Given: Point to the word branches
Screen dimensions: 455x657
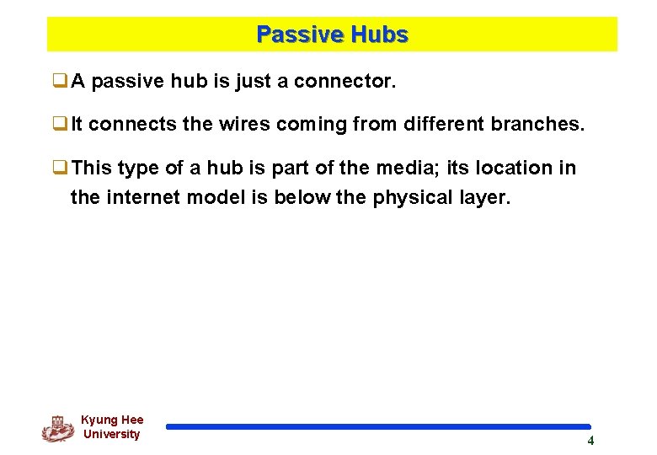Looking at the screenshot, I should (x=537, y=125).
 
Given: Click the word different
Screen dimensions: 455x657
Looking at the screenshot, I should (x=442, y=125).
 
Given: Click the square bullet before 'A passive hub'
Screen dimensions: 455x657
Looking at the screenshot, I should (x=60, y=82).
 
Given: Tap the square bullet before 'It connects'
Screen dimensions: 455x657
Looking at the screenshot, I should (x=60, y=125).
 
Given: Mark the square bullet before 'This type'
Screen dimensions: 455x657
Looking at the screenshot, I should (x=60, y=168).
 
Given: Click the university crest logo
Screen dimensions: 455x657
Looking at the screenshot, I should (x=57, y=428).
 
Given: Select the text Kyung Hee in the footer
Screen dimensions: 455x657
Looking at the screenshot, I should (x=112, y=420).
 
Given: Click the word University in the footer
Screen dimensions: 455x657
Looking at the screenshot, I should (x=112, y=434).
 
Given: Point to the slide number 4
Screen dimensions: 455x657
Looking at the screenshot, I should (x=590, y=441).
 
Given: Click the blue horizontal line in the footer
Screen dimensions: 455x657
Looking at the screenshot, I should (x=378, y=427).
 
